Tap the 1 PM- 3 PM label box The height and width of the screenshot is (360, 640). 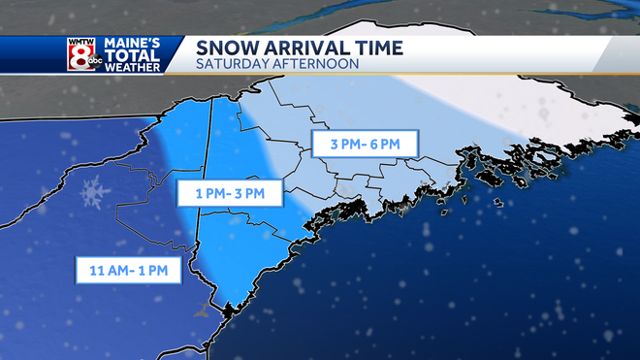pos(229,194)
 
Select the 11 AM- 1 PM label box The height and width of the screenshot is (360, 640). pos(129,269)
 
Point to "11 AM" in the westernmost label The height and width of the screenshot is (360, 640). pos(105,269)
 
